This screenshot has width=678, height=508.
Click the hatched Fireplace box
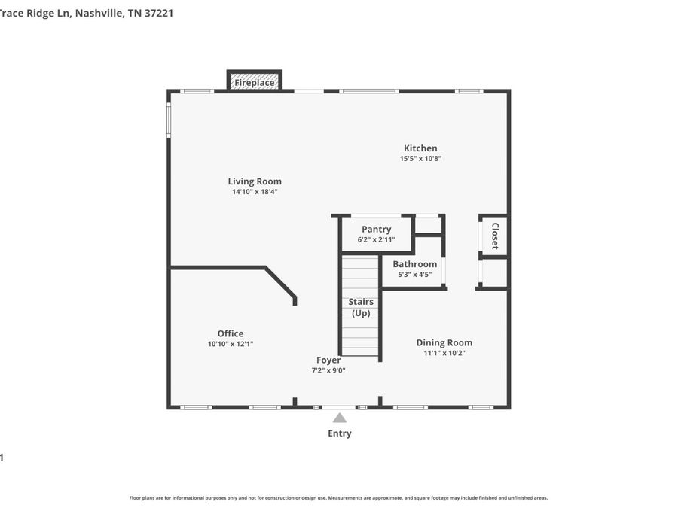[x=255, y=81]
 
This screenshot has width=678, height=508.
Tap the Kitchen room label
[x=420, y=148]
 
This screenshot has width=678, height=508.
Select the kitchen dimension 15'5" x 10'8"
[x=420, y=159]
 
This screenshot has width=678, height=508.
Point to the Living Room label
[x=255, y=182]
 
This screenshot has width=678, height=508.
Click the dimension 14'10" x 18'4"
[x=255, y=192]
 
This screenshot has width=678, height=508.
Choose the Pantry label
[x=376, y=230]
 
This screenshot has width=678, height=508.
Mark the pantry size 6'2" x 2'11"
[x=376, y=239]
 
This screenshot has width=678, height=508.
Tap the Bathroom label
[x=414, y=264]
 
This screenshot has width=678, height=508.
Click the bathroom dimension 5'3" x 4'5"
[x=414, y=274]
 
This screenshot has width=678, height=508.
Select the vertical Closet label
[x=495, y=236]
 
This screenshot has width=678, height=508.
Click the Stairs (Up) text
[x=361, y=307]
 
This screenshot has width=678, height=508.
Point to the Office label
[x=231, y=333]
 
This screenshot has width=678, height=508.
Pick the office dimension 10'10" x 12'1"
[x=231, y=344]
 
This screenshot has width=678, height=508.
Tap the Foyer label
[x=328, y=360]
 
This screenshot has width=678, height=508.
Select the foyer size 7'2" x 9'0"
[x=328, y=370]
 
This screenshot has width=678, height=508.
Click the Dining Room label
[x=444, y=343]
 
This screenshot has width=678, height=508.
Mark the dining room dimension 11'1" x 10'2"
[x=444, y=353]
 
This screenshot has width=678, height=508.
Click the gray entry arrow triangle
[x=340, y=418]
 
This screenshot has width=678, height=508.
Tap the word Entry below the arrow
[x=340, y=433]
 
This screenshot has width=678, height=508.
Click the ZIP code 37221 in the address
[x=159, y=13]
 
